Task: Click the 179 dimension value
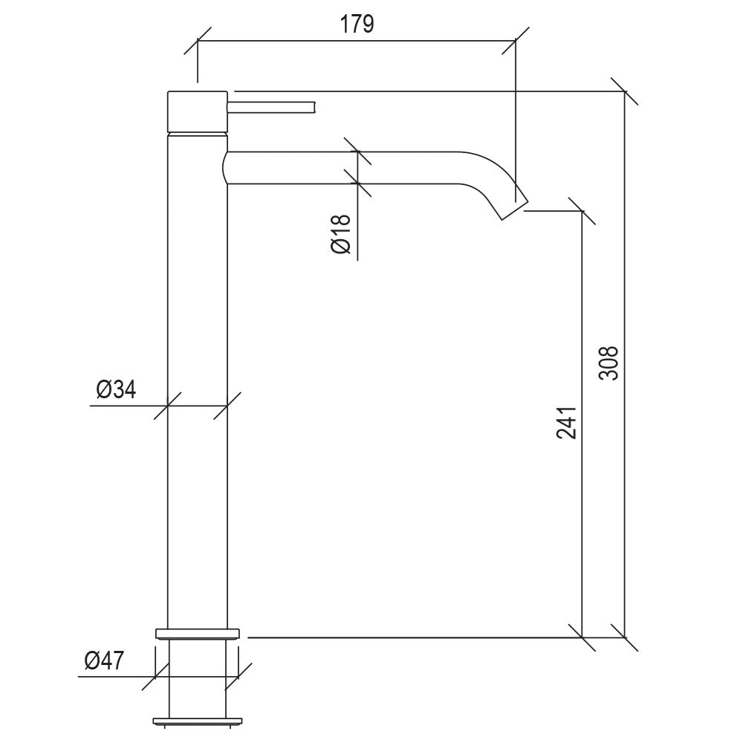tap(357, 24)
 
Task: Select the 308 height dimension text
tap(609, 362)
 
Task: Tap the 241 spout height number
tap(566, 422)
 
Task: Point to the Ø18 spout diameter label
tap(340, 236)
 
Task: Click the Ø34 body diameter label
tap(116, 389)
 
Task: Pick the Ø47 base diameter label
tap(104, 661)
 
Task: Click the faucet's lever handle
tap(273, 107)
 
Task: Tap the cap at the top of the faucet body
tap(197, 111)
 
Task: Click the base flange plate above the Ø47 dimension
tap(198, 633)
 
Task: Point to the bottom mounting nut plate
tap(198, 720)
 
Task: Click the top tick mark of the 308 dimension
tap(625, 91)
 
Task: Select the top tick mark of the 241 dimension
tap(582, 211)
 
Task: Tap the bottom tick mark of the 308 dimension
tap(625, 637)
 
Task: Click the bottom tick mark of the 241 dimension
tap(582, 637)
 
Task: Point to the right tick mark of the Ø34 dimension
tap(227, 406)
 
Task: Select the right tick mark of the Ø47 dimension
tap(240, 676)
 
